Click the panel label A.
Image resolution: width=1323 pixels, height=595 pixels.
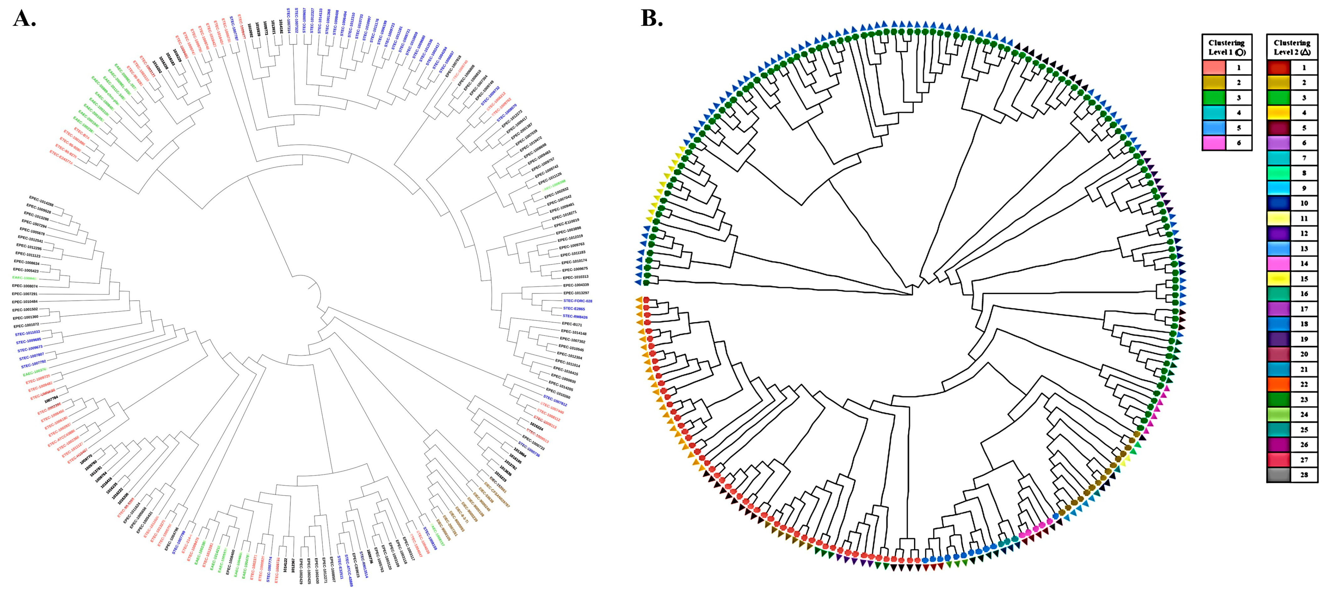(24, 19)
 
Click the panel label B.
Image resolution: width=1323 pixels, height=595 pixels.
(652, 19)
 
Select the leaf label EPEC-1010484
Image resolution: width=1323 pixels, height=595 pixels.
(25, 302)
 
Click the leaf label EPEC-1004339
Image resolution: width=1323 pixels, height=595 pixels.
(576, 285)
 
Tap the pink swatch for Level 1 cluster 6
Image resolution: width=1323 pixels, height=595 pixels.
(1214, 143)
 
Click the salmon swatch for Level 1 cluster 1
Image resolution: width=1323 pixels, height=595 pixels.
(1214, 67)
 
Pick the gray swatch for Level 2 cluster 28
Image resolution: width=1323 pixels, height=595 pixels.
(1278, 474)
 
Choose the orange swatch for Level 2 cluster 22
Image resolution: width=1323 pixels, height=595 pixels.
(1278, 384)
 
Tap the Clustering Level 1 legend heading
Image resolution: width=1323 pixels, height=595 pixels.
(1227, 47)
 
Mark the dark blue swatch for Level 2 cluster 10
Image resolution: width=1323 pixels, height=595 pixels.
(1278, 203)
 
